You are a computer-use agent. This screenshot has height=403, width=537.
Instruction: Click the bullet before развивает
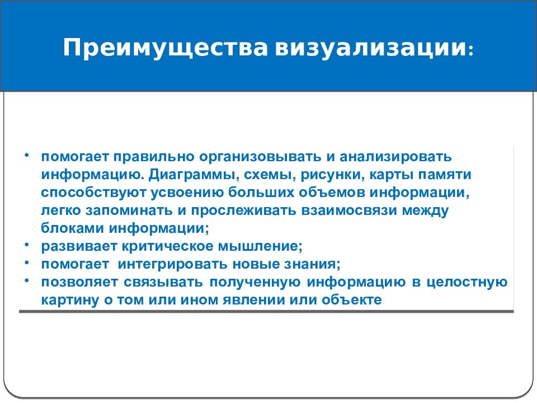[x=26, y=246]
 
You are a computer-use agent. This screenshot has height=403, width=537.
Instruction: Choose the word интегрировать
[x=171, y=264]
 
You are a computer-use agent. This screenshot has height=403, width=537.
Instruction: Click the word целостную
[x=466, y=282]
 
